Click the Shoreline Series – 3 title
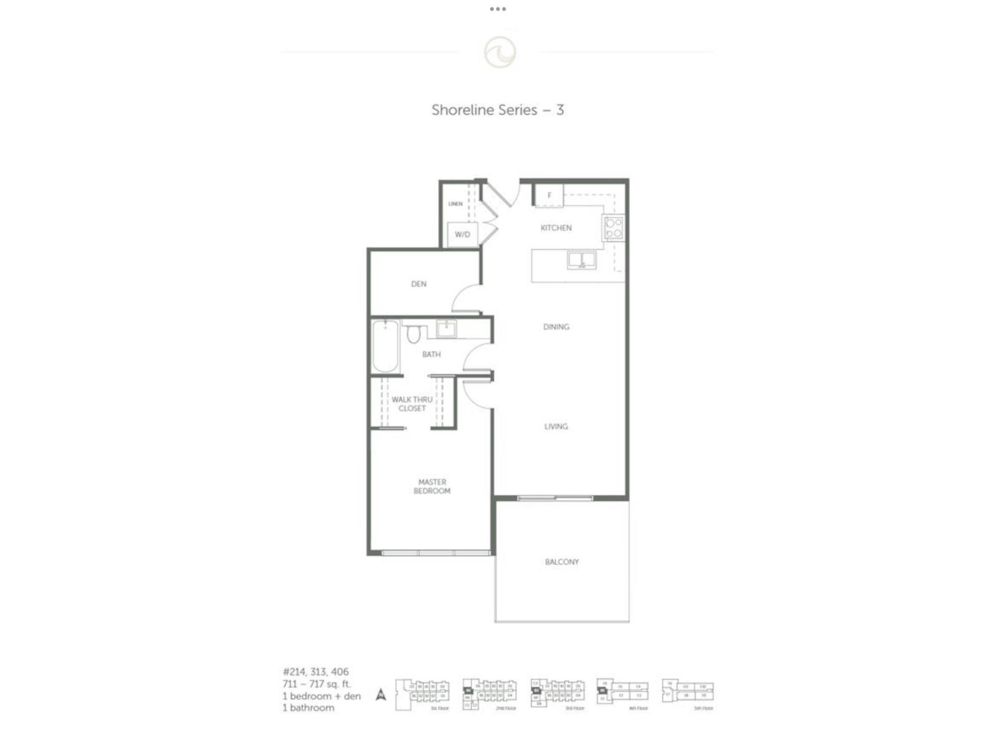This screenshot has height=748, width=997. [x=497, y=110]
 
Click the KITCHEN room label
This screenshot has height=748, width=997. [x=556, y=228]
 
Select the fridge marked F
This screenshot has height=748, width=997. [x=550, y=195]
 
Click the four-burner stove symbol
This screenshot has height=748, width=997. [x=613, y=228]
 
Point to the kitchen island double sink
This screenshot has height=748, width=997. [x=581, y=260]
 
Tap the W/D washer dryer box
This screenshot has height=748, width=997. [x=462, y=234]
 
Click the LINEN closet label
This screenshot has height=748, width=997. [x=456, y=204]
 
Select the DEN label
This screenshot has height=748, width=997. [x=419, y=284]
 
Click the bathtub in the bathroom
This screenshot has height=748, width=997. [x=386, y=346]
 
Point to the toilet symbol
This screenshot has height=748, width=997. [x=414, y=335]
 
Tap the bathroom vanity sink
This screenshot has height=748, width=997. [x=446, y=328]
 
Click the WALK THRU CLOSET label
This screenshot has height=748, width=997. [x=412, y=404]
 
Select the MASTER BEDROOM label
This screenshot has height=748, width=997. [x=432, y=486]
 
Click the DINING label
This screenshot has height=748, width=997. [x=556, y=327]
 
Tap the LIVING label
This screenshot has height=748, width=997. [x=556, y=426]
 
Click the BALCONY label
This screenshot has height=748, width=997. [x=561, y=562]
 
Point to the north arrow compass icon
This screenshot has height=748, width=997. [x=381, y=694]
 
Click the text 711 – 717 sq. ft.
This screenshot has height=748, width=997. [x=317, y=684]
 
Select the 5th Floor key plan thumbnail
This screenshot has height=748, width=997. [x=688, y=693]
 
